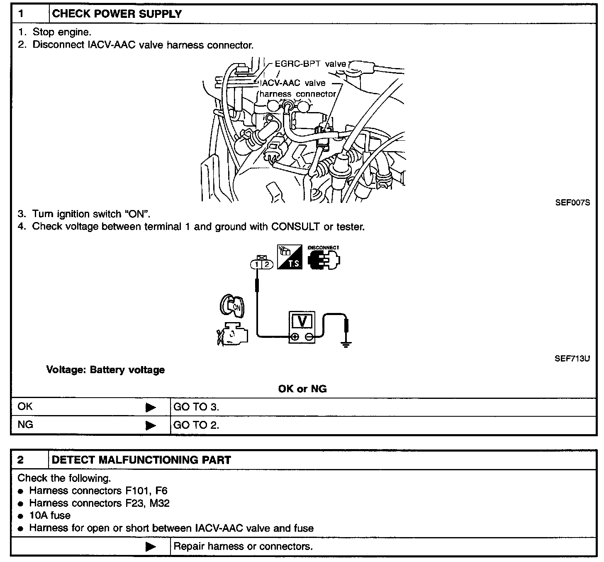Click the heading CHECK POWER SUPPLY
click(117, 14)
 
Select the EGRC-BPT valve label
click(310, 64)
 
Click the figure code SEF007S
click(572, 203)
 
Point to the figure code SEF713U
click(572, 358)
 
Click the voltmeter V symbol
click(302, 321)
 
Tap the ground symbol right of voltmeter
click(346, 336)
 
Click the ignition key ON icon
click(232, 306)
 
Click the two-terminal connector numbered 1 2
click(262, 263)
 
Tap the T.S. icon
click(290, 257)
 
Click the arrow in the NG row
click(151, 425)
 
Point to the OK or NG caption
click(302, 389)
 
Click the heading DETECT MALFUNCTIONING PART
click(141, 460)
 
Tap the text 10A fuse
click(50, 516)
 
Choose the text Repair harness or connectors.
click(243, 546)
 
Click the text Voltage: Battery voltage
click(105, 370)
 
